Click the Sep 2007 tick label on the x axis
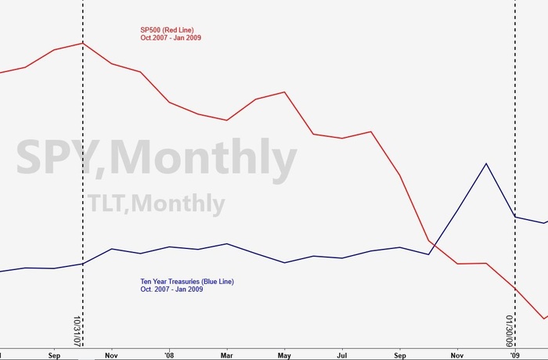[x=53, y=354]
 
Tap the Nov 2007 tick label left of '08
[x=111, y=354]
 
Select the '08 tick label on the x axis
[x=169, y=354]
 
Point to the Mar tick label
[x=226, y=354]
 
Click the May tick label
[x=284, y=354]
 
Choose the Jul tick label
[x=342, y=354]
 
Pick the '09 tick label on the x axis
[x=515, y=354]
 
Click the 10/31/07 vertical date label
[x=77, y=330]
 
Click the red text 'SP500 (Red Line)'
[x=167, y=30]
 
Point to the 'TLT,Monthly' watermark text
[x=156, y=203]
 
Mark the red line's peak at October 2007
[x=82, y=43]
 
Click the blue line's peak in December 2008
[x=486, y=164]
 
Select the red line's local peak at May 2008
[x=284, y=92]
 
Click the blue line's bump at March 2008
[x=226, y=243]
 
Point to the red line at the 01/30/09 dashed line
[x=514, y=289]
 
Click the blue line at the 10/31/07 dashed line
[x=82, y=264]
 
